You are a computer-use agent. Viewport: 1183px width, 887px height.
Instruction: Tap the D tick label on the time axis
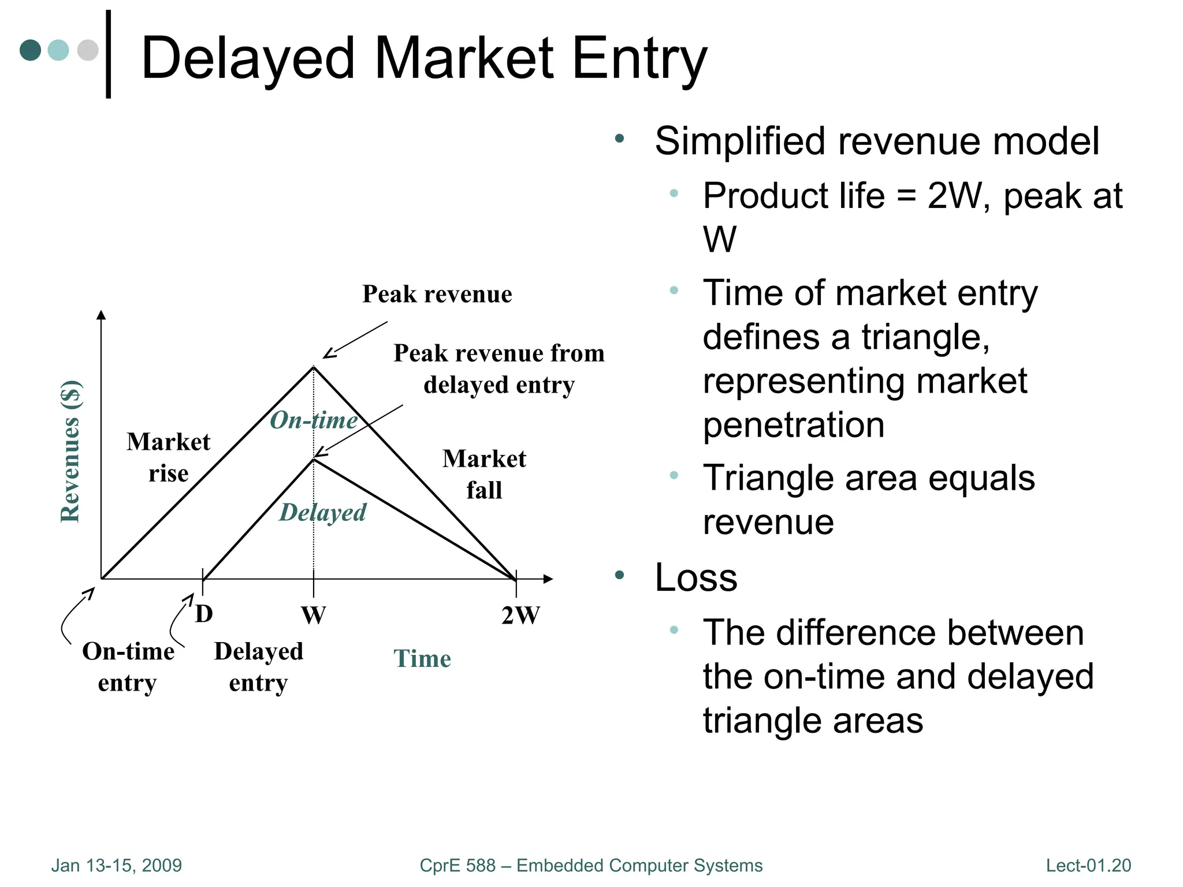point(204,614)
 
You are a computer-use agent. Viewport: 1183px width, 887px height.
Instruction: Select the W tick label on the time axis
point(314,616)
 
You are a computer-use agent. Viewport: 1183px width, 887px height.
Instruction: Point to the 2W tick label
point(520,616)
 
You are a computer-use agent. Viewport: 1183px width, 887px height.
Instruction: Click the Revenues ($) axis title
point(70,452)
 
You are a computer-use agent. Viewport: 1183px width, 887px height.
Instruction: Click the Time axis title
point(422,659)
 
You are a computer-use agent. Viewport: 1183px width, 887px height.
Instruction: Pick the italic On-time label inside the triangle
point(314,420)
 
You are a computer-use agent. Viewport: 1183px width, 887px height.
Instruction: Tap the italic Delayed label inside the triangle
point(322,513)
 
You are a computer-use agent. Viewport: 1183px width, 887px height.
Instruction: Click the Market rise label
point(168,457)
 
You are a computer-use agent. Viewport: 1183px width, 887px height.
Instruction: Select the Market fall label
point(484,474)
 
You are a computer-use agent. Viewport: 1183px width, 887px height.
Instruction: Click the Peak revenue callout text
point(437,295)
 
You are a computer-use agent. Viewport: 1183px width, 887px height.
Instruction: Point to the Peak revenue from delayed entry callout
point(499,368)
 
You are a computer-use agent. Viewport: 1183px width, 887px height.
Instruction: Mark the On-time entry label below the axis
point(128,667)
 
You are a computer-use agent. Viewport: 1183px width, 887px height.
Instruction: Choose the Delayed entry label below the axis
point(258,667)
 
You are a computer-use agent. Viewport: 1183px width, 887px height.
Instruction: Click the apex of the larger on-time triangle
point(314,367)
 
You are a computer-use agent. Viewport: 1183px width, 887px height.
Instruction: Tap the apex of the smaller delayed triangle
point(314,459)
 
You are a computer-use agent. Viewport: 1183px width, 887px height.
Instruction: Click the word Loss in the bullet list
point(695,577)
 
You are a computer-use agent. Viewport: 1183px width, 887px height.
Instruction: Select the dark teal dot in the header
point(30,50)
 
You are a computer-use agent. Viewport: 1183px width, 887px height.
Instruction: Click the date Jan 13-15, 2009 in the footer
point(116,866)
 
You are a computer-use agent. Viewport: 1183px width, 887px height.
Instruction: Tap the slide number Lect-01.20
point(1088,866)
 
